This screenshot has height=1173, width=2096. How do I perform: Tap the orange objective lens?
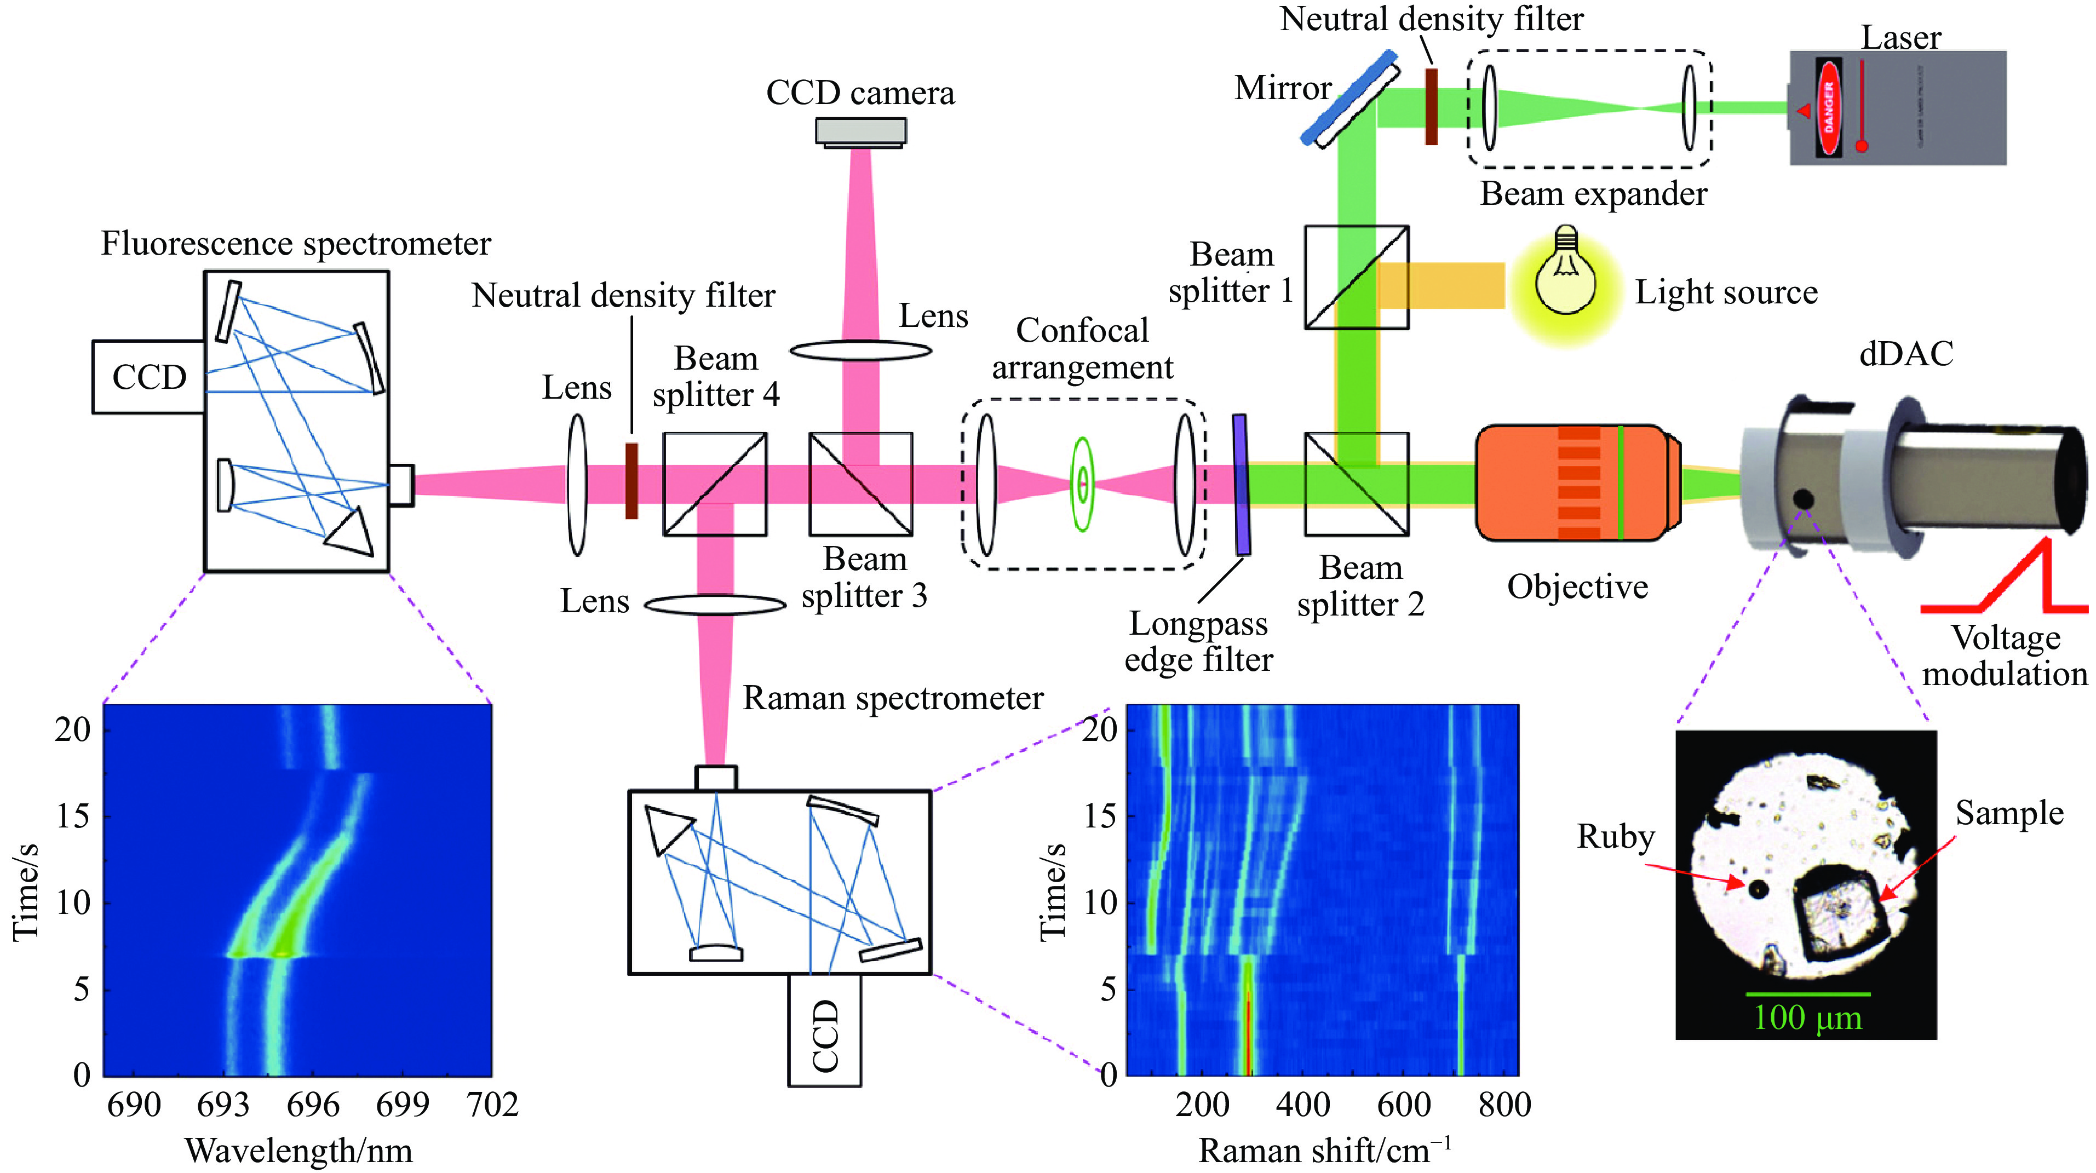(1577, 482)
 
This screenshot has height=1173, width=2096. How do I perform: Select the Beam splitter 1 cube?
(1357, 278)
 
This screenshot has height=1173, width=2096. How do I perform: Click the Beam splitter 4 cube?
(714, 484)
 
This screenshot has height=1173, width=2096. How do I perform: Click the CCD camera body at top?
(861, 131)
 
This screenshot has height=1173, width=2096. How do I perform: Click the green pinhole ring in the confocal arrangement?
(1081, 484)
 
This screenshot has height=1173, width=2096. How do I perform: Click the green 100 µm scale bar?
(1807, 994)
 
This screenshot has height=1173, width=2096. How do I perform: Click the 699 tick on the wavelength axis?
(403, 1105)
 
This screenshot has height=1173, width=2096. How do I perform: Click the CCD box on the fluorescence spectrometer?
(149, 377)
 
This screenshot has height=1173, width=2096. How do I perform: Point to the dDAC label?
(1905, 354)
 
